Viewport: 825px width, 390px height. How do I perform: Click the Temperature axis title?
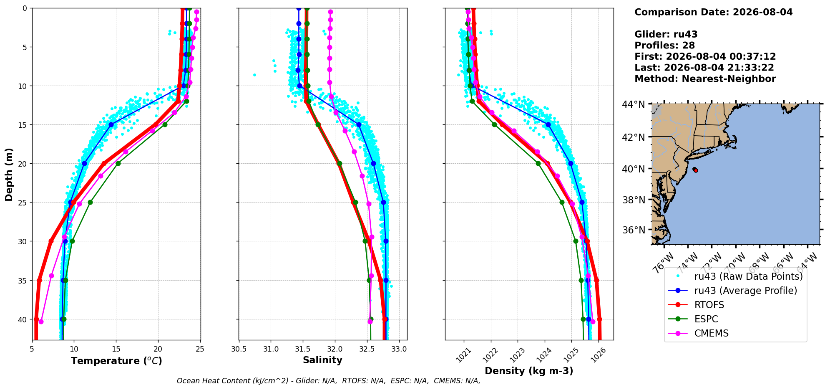pyautogui.click(x=116, y=361)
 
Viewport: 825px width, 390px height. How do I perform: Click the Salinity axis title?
pyautogui.click(x=322, y=360)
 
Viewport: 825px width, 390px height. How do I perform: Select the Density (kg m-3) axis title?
pyautogui.click(x=529, y=371)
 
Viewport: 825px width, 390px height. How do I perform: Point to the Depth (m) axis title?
pyautogui.click(x=9, y=174)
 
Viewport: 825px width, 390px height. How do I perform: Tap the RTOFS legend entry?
pyautogui.click(x=709, y=305)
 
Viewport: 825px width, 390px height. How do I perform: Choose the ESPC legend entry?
pyautogui.click(x=706, y=319)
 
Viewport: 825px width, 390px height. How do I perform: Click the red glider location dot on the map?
pyautogui.click(x=696, y=170)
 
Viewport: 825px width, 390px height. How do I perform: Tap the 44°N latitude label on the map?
pyautogui.click(x=634, y=104)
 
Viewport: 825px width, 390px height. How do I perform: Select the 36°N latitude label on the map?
pyautogui.click(x=634, y=230)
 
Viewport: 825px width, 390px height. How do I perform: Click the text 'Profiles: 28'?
pyautogui.click(x=664, y=46)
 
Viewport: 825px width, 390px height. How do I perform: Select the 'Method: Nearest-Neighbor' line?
pyautogui.click(x=705, y=79)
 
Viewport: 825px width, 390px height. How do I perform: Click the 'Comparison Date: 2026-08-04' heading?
pyautogui.click(x=713, y=12)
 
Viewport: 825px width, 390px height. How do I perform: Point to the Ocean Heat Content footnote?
pyautogui.click(x=329, y=381)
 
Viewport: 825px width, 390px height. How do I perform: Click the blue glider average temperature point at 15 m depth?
pyautogui.click(x=111, y=124)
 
